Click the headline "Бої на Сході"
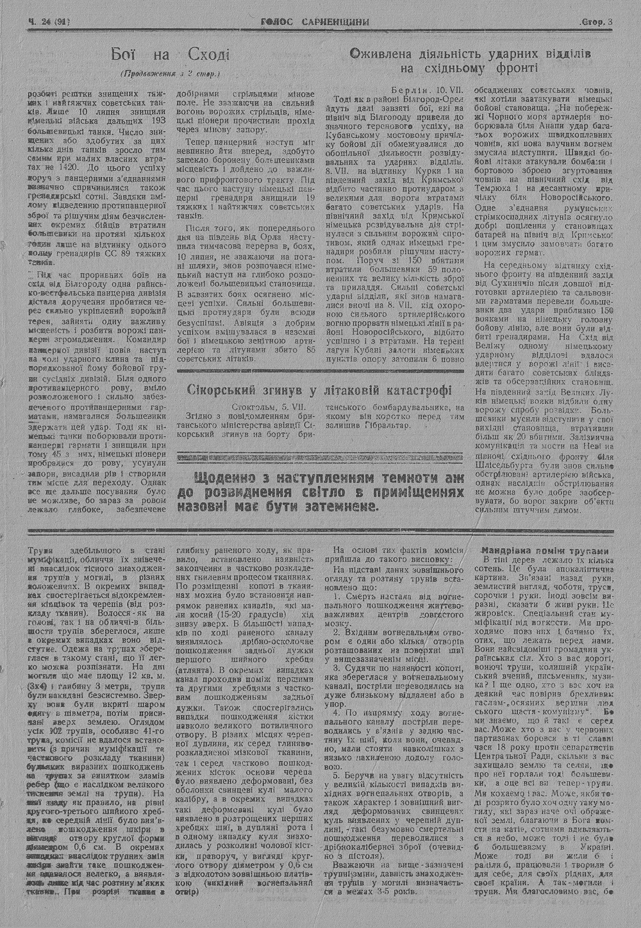(x=170, y=54)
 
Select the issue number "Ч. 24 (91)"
(x=49, y=22)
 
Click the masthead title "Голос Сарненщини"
(x=315, y=22)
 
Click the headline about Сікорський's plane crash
(x=318, y=390)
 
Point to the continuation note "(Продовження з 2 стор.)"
(x=170, y=73)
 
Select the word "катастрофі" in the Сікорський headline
(x=413, y=390)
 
